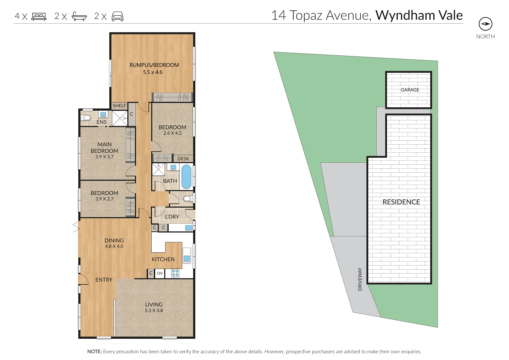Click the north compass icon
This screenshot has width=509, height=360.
click(485, 24)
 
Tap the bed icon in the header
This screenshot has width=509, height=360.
click(39, 16)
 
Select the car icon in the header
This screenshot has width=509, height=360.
click(117, 16)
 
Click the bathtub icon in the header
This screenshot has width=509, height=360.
click(79, 16)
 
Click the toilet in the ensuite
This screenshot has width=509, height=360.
click(86, 118)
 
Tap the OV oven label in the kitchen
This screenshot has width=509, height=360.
click(160, 273)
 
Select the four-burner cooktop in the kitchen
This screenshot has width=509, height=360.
click(175, 273)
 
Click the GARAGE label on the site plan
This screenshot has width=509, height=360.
click(410, 90)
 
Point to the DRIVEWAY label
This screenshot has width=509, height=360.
click(360, 279)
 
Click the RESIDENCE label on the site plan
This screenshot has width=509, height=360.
click(401, 202)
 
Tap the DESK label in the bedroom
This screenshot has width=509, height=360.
click(183, 159)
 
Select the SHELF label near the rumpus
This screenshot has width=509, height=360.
click(119, 106)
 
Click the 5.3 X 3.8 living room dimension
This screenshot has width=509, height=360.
click(154, 310)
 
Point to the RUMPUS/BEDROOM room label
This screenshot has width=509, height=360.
click(154, 65)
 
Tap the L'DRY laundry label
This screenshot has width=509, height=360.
click(172, 217)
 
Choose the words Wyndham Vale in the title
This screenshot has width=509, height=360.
click(419, 15)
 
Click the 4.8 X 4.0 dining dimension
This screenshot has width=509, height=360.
click(114, 246)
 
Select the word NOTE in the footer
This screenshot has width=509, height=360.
click(94, 351)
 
